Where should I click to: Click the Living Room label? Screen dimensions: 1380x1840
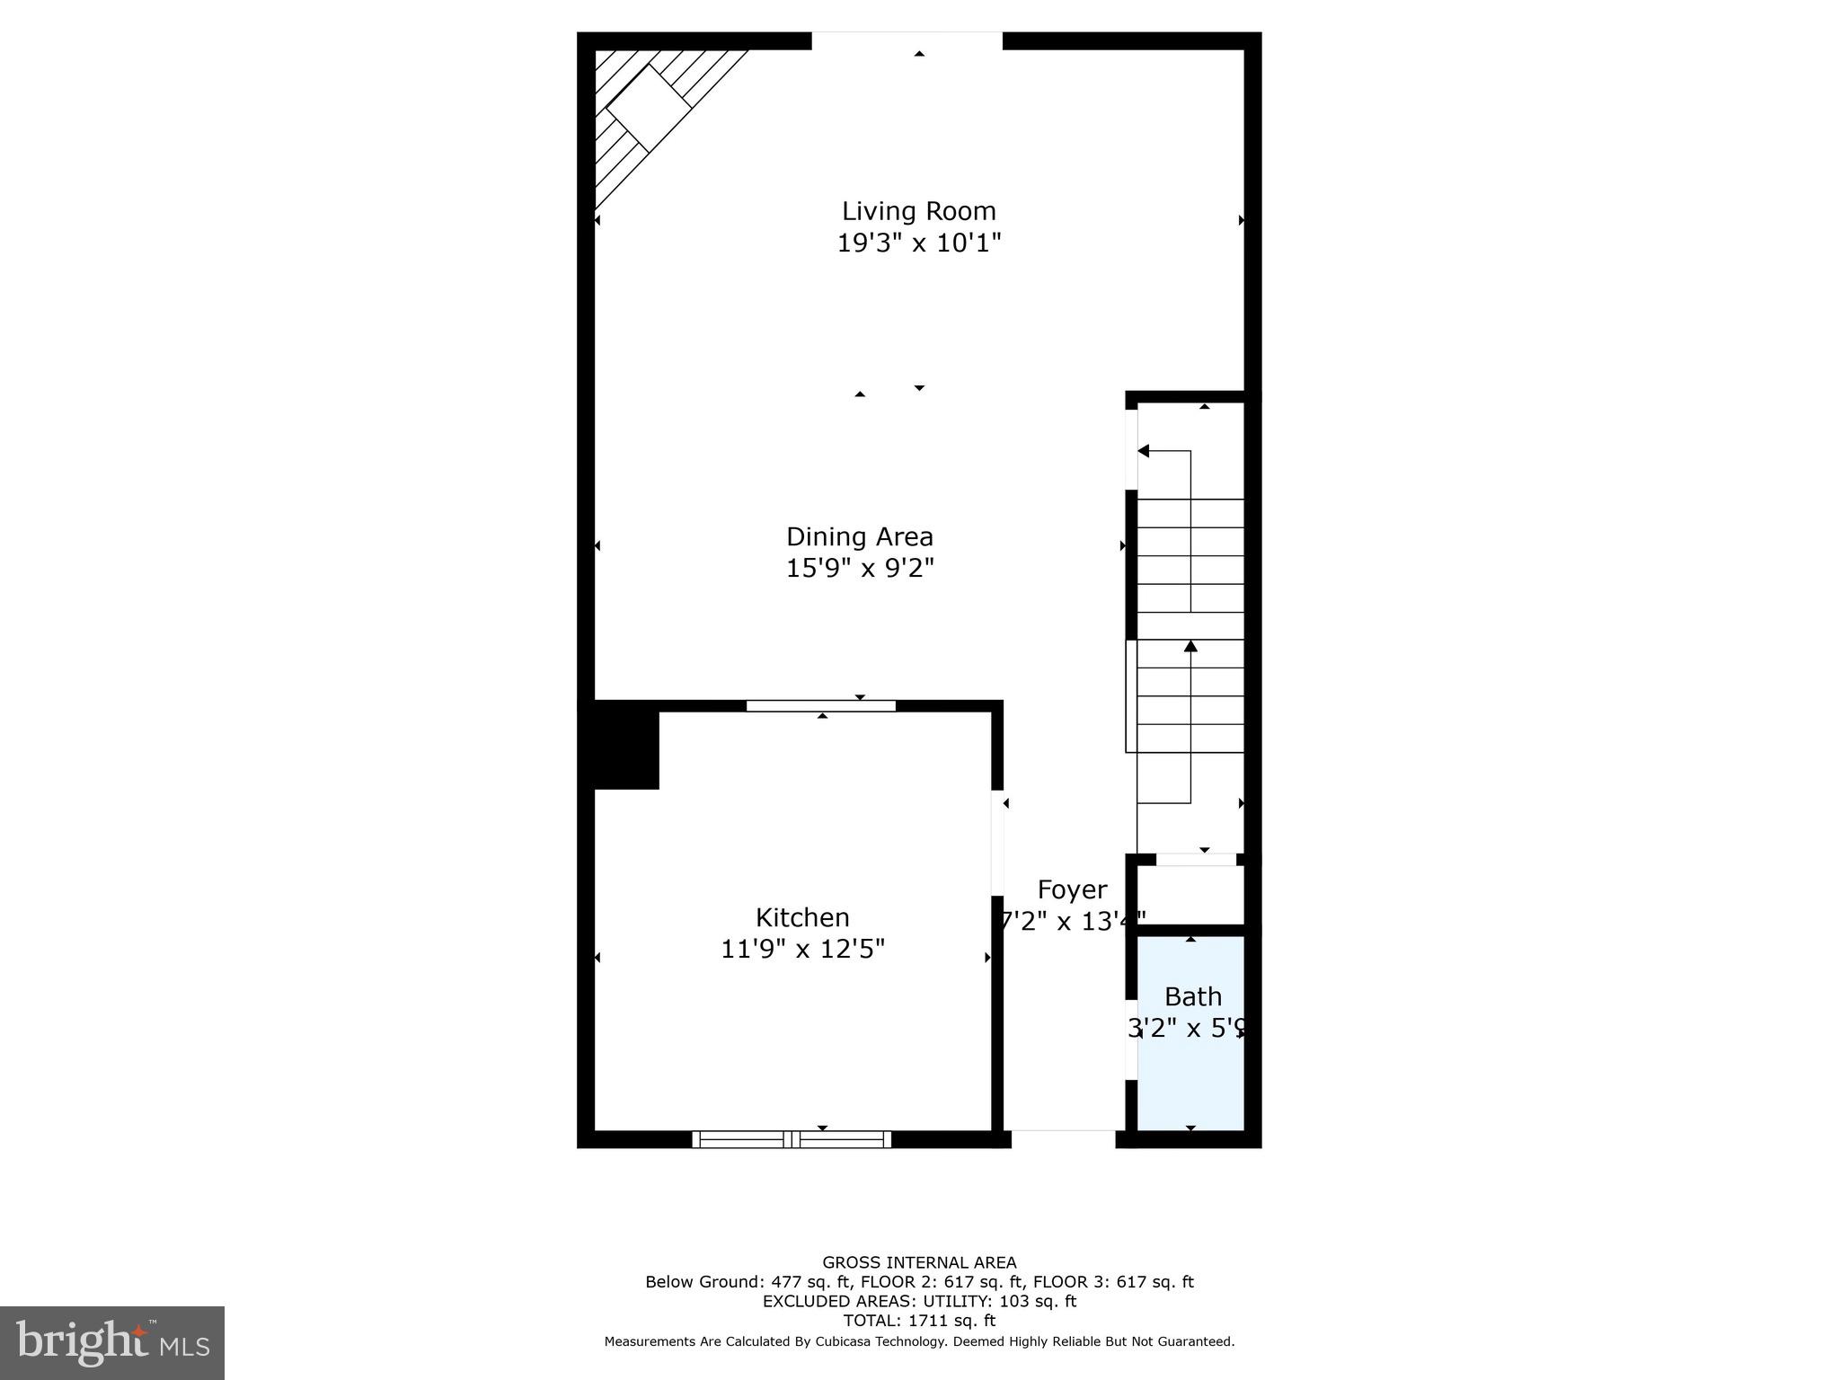click(918, 211)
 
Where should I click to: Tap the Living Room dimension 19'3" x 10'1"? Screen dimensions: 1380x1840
click(918, 243)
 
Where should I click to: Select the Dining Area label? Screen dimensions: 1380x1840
click(859, 536)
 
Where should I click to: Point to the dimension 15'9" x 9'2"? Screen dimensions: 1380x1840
click(859, 568)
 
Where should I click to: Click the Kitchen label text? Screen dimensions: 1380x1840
click(801, 917)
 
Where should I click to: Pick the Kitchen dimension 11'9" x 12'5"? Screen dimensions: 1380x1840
click(801, 949)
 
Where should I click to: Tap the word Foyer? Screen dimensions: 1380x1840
click(1071, 889)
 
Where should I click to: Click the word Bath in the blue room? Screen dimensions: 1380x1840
click(1192, 996)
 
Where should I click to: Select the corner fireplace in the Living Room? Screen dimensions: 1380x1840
click(649, 108)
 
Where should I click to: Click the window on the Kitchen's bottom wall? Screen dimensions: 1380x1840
click(792, 1139)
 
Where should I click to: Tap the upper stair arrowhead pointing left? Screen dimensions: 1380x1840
click(1144, 451)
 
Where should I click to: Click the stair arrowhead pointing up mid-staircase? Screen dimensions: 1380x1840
click(1190, 646)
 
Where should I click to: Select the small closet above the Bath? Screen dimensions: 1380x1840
click(1190, 894)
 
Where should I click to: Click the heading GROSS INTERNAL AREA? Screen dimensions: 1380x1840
click(919, 1262)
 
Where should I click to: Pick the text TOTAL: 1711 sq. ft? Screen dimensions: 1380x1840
click(919, 1321)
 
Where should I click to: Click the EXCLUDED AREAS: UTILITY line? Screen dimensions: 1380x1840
click(919, 1301)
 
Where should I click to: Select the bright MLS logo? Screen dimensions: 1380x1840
click(112, 1343)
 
